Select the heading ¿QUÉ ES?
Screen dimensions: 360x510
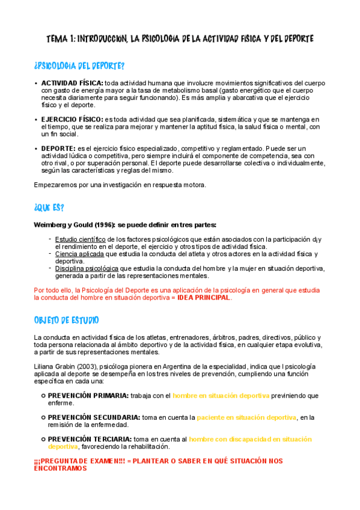[x=49, y=207]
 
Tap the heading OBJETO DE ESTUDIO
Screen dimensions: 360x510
[x=67, y=319]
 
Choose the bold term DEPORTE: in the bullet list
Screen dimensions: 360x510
[x=58, y=148]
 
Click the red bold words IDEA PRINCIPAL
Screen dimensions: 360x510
[x=204, y=298]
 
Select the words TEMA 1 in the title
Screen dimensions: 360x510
[x=62, y=39]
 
